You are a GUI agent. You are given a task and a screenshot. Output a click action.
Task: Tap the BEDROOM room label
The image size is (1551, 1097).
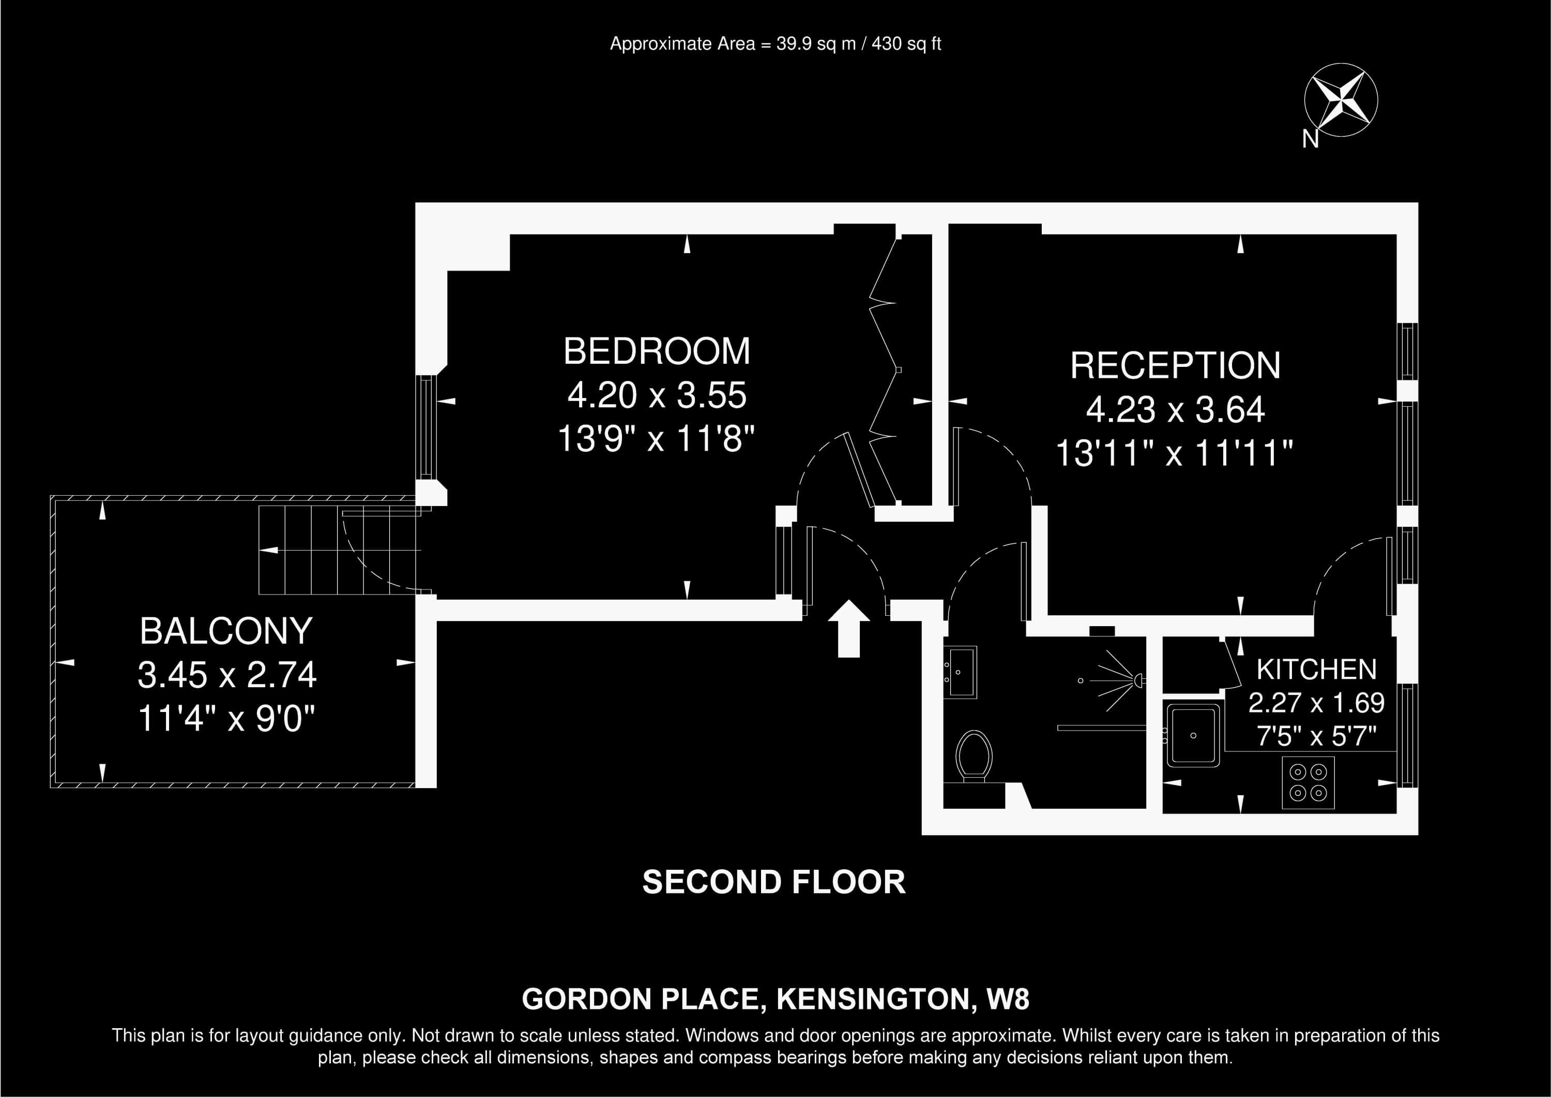[657, 351]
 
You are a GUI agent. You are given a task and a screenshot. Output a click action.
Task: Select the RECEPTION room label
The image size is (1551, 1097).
[1176, 366]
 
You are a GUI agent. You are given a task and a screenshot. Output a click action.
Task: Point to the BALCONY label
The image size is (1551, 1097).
[226, 631]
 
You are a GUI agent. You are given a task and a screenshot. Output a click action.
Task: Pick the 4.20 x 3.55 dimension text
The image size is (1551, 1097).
[657, 395]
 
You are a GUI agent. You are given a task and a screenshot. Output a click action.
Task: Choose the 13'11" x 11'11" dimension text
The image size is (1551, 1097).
[1174, 453]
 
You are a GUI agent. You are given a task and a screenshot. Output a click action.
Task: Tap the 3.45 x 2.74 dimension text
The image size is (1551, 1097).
[227, 675]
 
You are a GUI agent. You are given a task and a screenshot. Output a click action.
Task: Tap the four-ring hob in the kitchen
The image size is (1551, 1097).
[1309, 782]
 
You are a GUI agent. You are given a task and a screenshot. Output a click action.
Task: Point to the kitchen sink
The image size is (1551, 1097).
[1193, 735]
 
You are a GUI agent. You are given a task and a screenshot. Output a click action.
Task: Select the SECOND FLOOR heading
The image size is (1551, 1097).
[774, 882]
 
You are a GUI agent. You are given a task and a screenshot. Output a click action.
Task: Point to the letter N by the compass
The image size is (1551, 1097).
[1311, 139]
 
